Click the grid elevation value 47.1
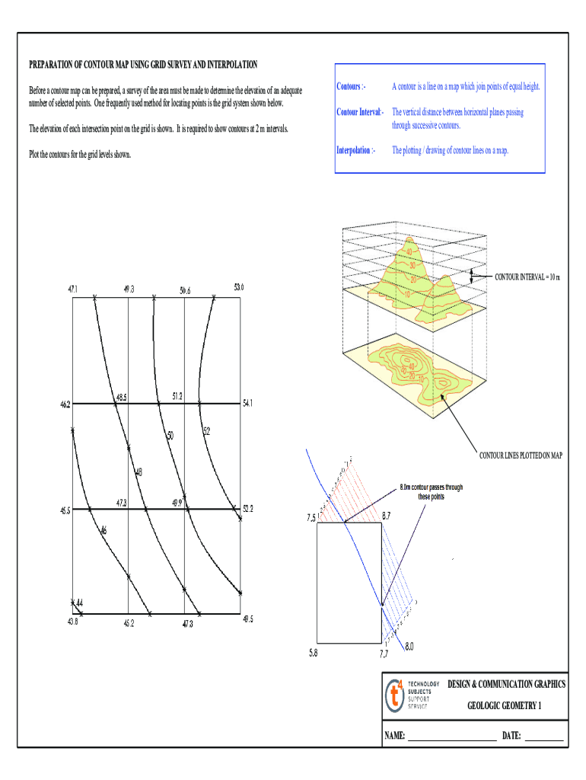[73, 289]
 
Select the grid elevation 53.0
[239, 287]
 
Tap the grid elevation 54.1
[248, 404]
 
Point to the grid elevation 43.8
[72, 622]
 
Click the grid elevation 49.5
[247, 619]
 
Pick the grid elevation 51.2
[177, 396]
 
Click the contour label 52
[206, 431]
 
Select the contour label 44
[79, 604]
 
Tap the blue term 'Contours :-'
[352, 87]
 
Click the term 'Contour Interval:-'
[361, 113]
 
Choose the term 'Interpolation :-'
[355, 151]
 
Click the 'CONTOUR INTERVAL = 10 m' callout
[527, 277]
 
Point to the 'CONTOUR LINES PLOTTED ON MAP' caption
[520, 456]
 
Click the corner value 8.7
[387, 516]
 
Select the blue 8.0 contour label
[409, 647]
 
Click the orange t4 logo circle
[396, 695]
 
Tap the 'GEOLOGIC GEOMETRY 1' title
[505, 705]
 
